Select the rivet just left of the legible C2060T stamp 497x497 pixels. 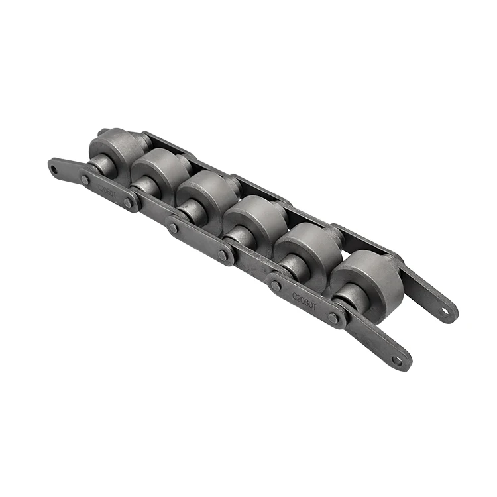[x=276, y=285]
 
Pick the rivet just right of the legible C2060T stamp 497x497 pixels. [x=333, y=318]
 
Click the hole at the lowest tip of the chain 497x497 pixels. [x=397, y=360]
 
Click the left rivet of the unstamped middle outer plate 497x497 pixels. [x=174, y=227]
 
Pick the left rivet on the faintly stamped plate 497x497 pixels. [x=85, y=179]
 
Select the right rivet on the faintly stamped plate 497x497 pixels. [x=128, y=203]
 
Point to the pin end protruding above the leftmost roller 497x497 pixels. [x=104, y=133]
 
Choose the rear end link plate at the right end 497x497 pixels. [x=431, y=292]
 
